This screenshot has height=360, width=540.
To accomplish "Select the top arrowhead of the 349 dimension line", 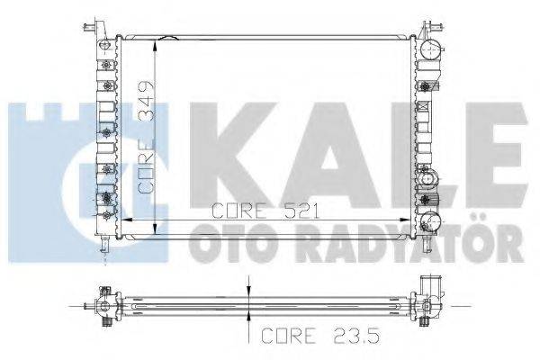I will tap(157, 42).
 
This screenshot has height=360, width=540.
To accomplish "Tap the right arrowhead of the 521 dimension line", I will tap(409, 219).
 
